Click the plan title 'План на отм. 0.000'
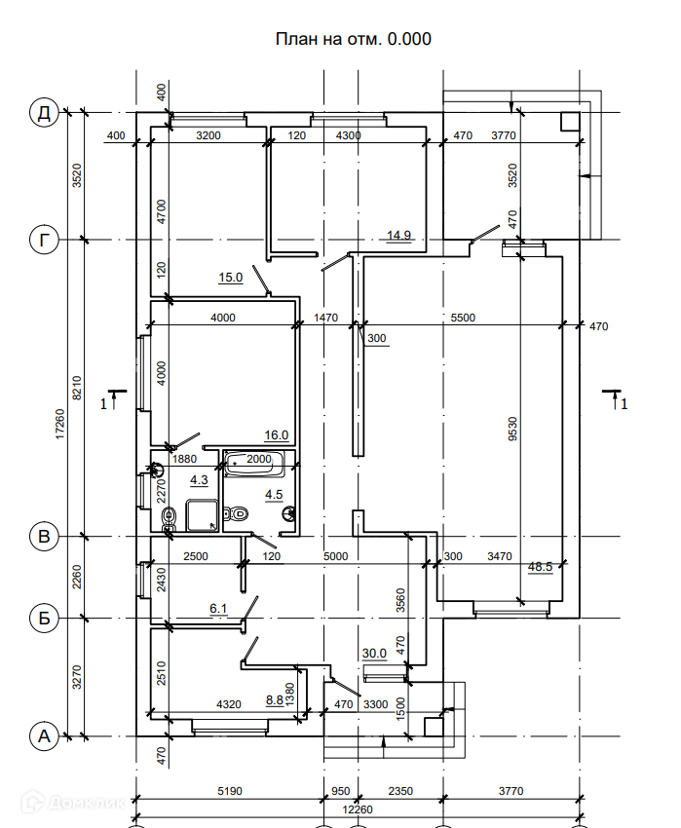pyautogui.click(x=353, y=39)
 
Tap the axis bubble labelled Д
pyautogui.click(x=44, y=114)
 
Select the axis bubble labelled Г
pyautogui.click(x=44, y=240)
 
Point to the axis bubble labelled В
pyautogui.click(x=44, y=537)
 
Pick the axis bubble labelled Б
pyautogui.click(x=44, y=618)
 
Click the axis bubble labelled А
pyautogui.click(x=44, y=737)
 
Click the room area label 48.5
pyautogui.click(x=540, y=567)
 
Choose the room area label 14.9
pyautogui.click(x=399, y=235)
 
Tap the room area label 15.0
pyautogui.click(x=230, y=278)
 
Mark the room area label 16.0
pyautogui.click(x=277, y=435)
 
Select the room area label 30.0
pyautogui.click(x=375, y=654)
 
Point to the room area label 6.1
pyautogui.click(x=219, y=609)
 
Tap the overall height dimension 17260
pyautogui.click(x=60, y=426)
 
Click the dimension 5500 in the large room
pyautogui.click(x=463, y=318)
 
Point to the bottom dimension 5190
pyautogui.click(x=227, y=791)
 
